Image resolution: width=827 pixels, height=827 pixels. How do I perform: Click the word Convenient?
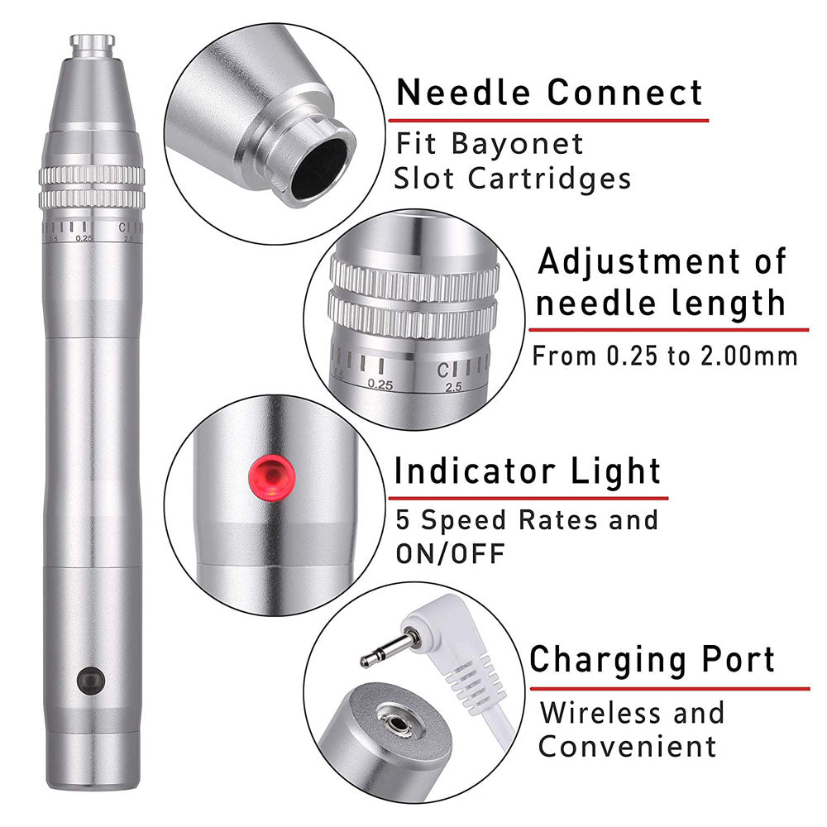pyautogui.click(x=627, y=746)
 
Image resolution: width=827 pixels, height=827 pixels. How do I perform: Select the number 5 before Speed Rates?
pyautogui.click(x=404, y=520)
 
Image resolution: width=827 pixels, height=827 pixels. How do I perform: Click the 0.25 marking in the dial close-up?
pyautogui.click(x=380, y=384)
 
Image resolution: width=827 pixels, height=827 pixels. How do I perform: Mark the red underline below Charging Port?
pyautogui.click(x=670, y=687)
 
